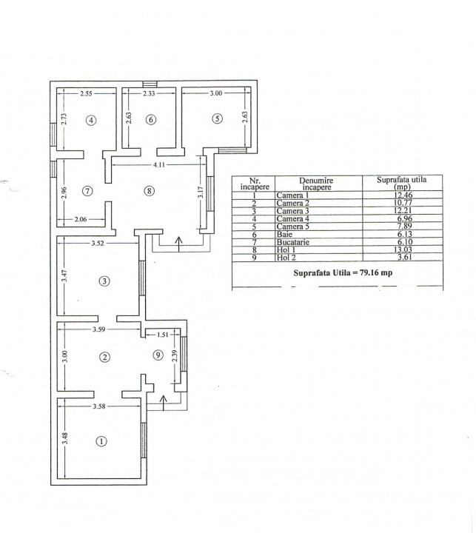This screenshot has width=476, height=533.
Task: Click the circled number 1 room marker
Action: click(101, 441)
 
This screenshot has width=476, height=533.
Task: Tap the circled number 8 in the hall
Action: click(150, 191)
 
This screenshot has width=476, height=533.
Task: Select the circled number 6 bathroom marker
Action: click(151, 119)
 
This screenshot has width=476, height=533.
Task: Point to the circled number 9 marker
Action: click(158, 355)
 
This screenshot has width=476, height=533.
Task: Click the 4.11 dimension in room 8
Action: click(158, 165)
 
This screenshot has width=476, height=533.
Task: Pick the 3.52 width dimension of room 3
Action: click(97, 243)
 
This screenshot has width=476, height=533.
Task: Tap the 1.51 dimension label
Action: click(163, 335)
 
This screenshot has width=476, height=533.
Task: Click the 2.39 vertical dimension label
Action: click(175, 355)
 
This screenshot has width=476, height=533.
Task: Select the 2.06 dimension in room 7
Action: click(81, 219)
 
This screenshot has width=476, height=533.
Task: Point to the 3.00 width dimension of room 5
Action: click(215, 93)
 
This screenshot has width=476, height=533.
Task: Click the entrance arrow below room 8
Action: click(179, 244)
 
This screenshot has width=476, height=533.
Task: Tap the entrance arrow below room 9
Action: click(164, 403)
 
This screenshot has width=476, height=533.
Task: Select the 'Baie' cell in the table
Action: click(284, 234)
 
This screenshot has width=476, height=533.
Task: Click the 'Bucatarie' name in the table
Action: click(292, 242)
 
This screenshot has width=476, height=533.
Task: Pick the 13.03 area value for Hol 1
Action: click(403, 250)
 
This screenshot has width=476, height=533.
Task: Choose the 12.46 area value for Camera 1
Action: click(403, 195)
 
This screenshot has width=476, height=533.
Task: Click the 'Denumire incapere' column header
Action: click(316, 184)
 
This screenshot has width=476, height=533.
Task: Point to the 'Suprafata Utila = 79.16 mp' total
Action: click(343, 272)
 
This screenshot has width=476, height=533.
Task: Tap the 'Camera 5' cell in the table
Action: click(292, 227)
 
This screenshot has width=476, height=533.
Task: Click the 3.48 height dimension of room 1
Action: click(66, 438)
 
